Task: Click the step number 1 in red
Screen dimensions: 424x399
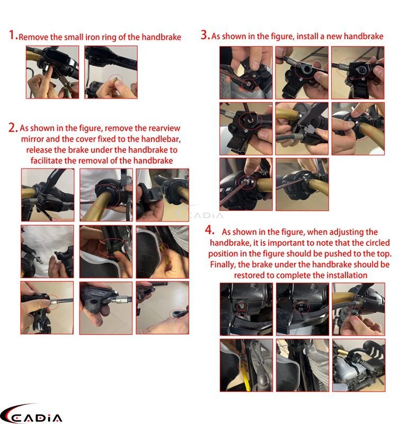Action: pyautogui.click(x=12, y=36)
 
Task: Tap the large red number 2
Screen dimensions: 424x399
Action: pyautogui.click(x=13, y=128)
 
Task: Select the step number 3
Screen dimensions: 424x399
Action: pyautogui.click(x=205, y=36)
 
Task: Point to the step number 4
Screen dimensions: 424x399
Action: pyautogui.click(x=210, y=231)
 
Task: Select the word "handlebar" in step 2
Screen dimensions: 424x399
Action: pyautogui.click(x=156, y=139)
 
